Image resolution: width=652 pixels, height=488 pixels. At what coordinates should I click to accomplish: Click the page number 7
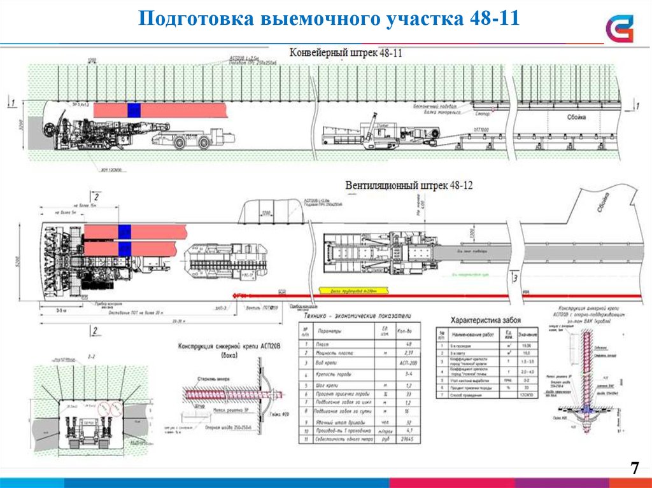click(x=634, y=469)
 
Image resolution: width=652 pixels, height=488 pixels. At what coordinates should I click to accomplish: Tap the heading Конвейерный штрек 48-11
click(x=346, y=53)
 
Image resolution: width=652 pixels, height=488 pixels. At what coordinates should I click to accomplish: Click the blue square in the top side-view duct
click(x=133, y=109)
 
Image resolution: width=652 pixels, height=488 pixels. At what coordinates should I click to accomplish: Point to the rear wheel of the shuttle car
click(x=204, y=143)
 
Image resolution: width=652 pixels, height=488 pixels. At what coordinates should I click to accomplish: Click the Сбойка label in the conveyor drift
click(x=576, y=118)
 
